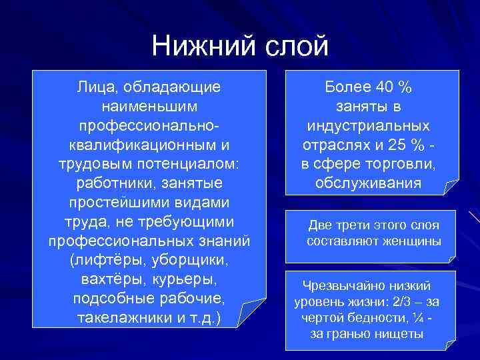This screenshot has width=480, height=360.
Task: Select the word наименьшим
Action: click(149, 106)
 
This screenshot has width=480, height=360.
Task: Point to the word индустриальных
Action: click(369, 125)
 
